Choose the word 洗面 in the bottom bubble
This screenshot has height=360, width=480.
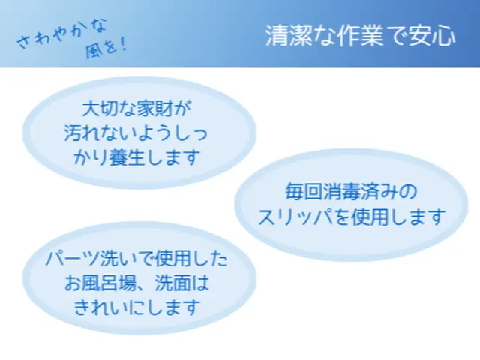[169, 283]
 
